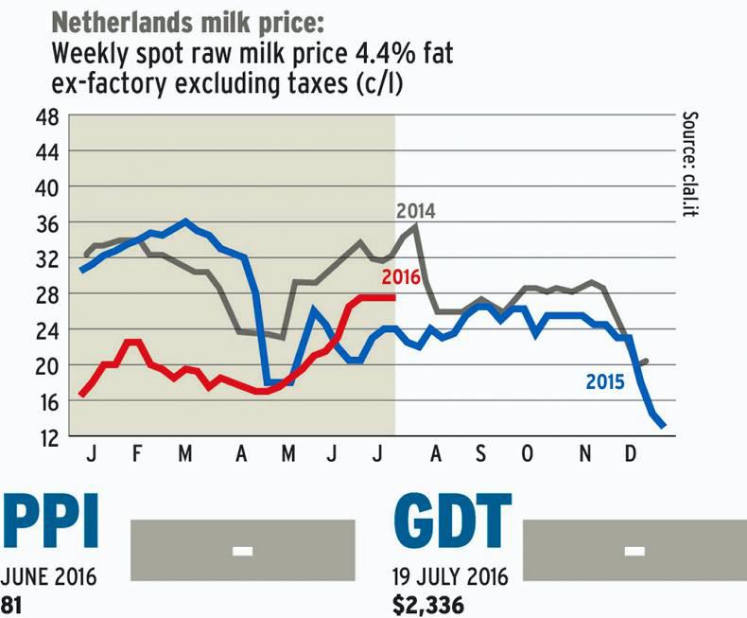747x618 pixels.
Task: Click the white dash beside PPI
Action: [x=243, y=549]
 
